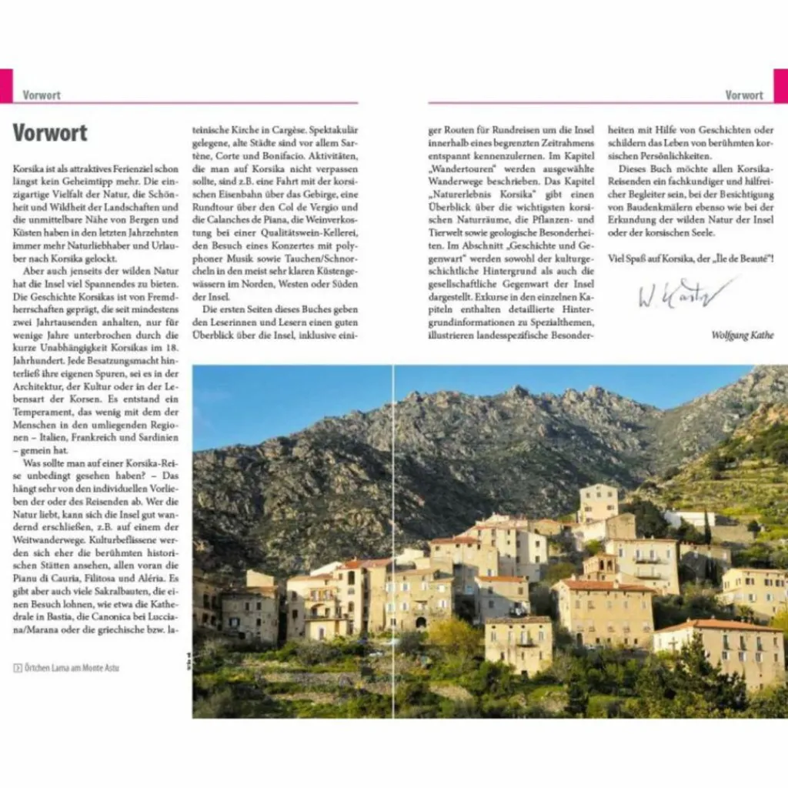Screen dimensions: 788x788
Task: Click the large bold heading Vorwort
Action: (50, 132)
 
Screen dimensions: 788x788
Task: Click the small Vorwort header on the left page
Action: (42, 95)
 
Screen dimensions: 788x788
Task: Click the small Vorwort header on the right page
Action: (744, 95)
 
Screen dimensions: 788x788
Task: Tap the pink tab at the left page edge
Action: (6, 85)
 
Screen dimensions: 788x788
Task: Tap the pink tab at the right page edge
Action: (780, 85)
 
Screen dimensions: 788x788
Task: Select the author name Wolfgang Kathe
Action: (743, 336)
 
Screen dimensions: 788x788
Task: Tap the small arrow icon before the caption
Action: (17, 668)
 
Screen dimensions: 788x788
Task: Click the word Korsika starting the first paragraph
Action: (27, 169)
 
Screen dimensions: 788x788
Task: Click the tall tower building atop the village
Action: (598, 502)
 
